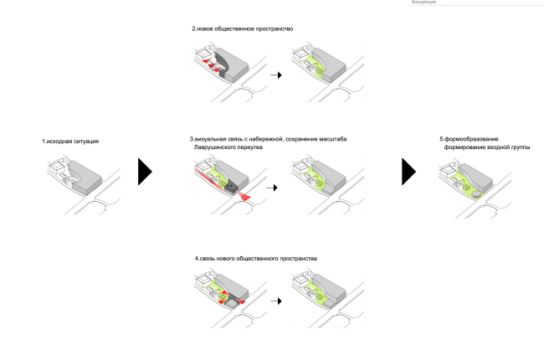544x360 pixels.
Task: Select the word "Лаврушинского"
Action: pyautogui.click(x=218, y=146)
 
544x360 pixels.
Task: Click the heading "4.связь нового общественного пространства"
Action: pyautogui.click(x=255, y=258)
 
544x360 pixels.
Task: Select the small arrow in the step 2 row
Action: pyautogui.click(x=274, y=75)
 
